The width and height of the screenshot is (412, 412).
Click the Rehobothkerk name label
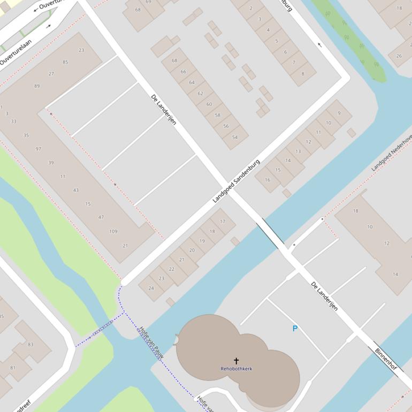click(x=236, y=369)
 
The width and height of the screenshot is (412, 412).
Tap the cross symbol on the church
click(x=236, y=361)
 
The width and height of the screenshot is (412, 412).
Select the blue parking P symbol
click(x=294, y=329)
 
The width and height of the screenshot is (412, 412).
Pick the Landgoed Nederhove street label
click(x=392, y=152)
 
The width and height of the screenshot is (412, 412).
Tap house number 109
click(x=113, y=232)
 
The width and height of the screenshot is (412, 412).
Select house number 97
click(x=38, y=149)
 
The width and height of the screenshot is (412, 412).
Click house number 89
click(x=37, y=86)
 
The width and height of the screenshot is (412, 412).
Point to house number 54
click(x=234, y=138)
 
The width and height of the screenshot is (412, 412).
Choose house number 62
click(x=200, y=94)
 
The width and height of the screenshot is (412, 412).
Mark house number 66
click(x=183, y=72)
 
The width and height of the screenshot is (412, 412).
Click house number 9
click(x=339, y=113)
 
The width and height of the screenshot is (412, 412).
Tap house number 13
click(x=298, y=151)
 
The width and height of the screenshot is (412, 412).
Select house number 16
click(x=268, y=180)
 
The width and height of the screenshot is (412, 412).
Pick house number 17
click(x=223, y=222)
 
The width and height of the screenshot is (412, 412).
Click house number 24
click(x=151, y=288)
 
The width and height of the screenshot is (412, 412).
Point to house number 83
click(x=30, y=345)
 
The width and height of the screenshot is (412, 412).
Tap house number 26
click(x=399, y=56)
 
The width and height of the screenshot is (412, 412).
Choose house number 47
click(x=101, y=217)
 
